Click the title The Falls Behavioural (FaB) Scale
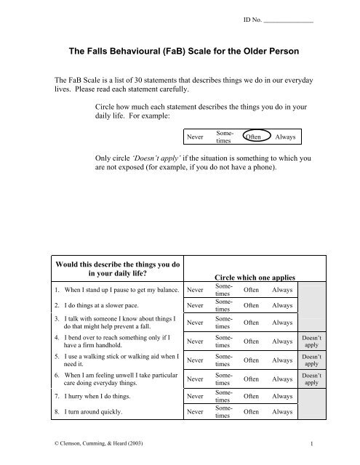pos(180,52)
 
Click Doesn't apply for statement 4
pos(311,341)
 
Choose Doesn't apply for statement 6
pos(311,379)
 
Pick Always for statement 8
pos(280,411)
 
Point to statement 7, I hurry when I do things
pos(92,397)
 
